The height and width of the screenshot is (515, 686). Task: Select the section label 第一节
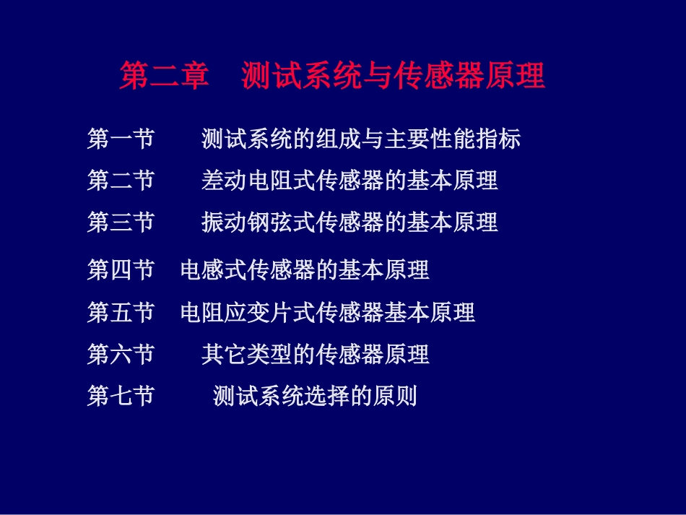(x=121, y=139)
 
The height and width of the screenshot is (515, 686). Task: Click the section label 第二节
(x=121, y=181)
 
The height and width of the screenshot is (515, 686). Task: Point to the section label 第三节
(x=121, y=222)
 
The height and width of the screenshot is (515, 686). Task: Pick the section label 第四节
(x=121, y=270)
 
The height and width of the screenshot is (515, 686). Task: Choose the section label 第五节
(x=121, y=313)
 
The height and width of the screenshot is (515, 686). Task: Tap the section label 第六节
(x=121, y=355)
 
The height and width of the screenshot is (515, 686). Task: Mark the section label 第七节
(x=121, y=397)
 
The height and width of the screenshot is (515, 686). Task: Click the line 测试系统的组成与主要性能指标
(x=361, y=139)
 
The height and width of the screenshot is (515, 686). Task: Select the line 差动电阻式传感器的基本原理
(x=349, y=181)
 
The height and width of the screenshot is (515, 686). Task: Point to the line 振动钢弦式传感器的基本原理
(x=349, y=222)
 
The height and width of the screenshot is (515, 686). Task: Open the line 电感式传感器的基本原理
(x=305, y=270)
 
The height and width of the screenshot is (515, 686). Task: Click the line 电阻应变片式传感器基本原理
(x=328, y=313)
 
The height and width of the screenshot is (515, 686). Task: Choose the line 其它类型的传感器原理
(x=316, y=355)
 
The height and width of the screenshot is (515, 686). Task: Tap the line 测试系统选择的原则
(x=316, y=397)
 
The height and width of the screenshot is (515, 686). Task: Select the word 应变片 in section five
(x=259, y=313)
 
